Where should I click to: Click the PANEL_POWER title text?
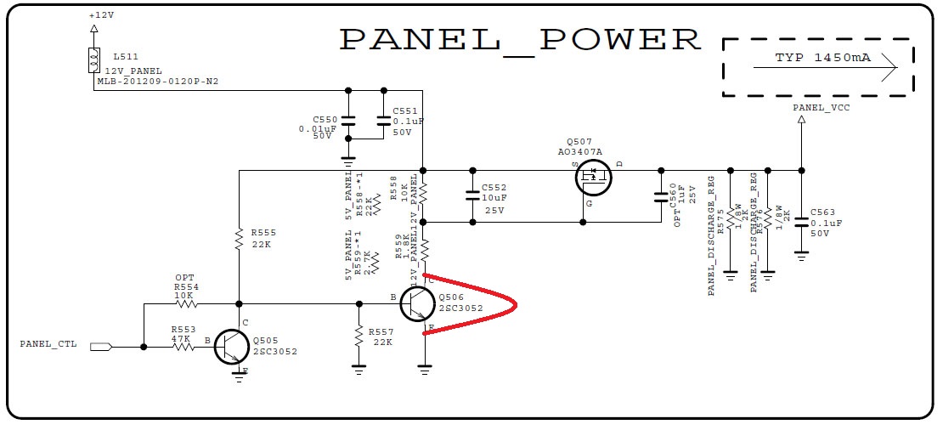click(520, 40)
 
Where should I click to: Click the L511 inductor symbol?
click(93, 59)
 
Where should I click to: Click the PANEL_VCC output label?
click(821, 108)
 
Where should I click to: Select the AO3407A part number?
click(580, 152)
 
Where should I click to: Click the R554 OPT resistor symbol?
click(185, 303)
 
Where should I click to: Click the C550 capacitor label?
click(325, 120)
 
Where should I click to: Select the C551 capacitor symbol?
click(383, 120)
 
